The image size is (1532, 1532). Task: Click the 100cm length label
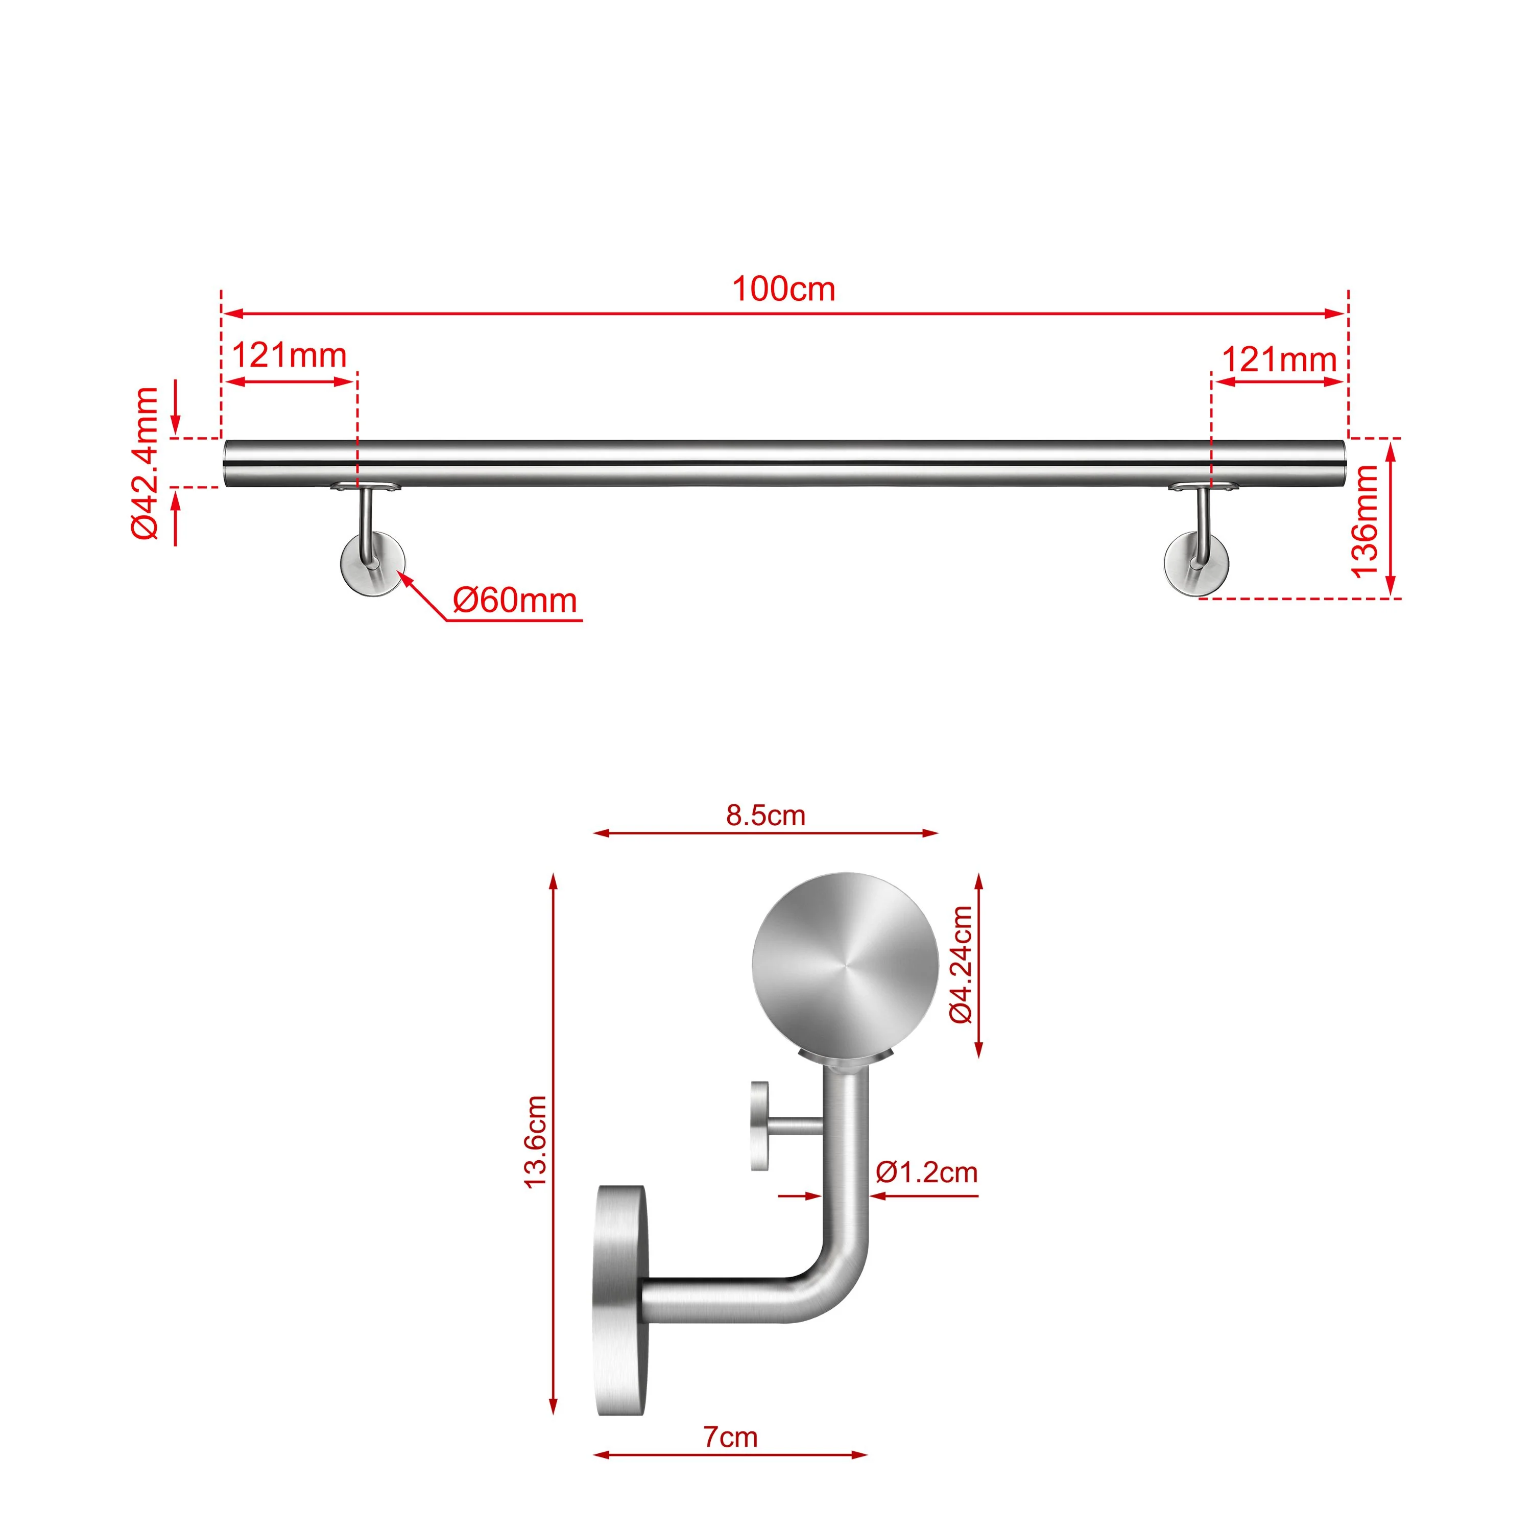[783, 290]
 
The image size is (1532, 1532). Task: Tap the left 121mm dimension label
[290, 355]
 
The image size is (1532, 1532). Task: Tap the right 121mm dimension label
[1279, 360]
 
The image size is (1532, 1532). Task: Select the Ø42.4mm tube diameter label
[146, 463]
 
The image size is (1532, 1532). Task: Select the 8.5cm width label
[765, 815]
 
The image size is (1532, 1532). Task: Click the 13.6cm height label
[536, 1142]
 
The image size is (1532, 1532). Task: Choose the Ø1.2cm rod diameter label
[926, 1172]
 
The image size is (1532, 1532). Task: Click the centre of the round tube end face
[845, 966]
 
